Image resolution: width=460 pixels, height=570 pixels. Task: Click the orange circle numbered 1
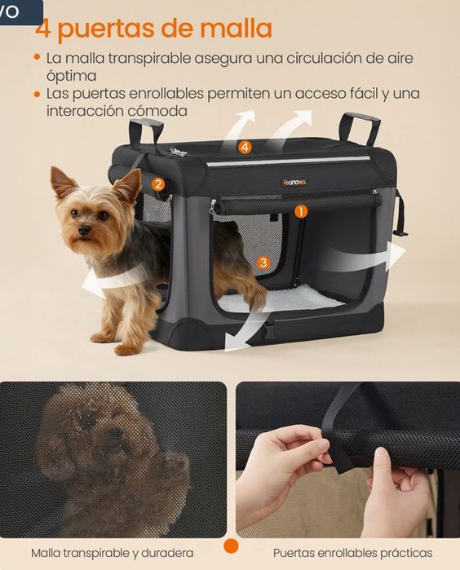tap(301, 211)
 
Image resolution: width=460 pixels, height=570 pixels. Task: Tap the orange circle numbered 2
tap(158, 184)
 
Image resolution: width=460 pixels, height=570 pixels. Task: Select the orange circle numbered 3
tap(263, 263)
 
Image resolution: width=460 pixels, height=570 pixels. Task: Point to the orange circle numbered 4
tap(245, 148)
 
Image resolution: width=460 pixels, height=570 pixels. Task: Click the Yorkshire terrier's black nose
tap(84, 230)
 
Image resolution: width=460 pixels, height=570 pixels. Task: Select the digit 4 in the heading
tap(43, 29)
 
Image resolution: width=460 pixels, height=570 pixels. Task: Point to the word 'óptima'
tap(71, 76)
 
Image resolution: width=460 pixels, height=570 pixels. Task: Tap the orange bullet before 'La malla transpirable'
tap(37, 57)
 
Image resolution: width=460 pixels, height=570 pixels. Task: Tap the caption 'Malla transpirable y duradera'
tap(112, 553)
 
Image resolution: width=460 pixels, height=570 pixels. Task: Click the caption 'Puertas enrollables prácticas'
tap(352, 553)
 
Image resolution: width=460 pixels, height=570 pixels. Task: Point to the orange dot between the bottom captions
tap(231, 546)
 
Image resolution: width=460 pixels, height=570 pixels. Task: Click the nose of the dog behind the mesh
tap(116, 434)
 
